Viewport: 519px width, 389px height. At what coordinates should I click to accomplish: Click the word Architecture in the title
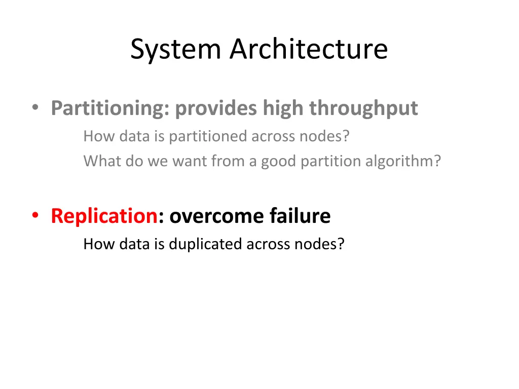click(x=309, y=50)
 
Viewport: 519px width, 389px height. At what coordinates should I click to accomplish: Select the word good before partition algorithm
click(x=279, y=161)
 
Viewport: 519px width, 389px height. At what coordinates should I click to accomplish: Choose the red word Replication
click(x=104, y=216)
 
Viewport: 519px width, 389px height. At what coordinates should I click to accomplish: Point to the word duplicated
click(x=206, y=244)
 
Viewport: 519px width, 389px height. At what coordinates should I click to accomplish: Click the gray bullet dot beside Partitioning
click(x=35, y=108)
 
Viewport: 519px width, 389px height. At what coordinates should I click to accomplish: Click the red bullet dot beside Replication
click(x=35, y=216)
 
